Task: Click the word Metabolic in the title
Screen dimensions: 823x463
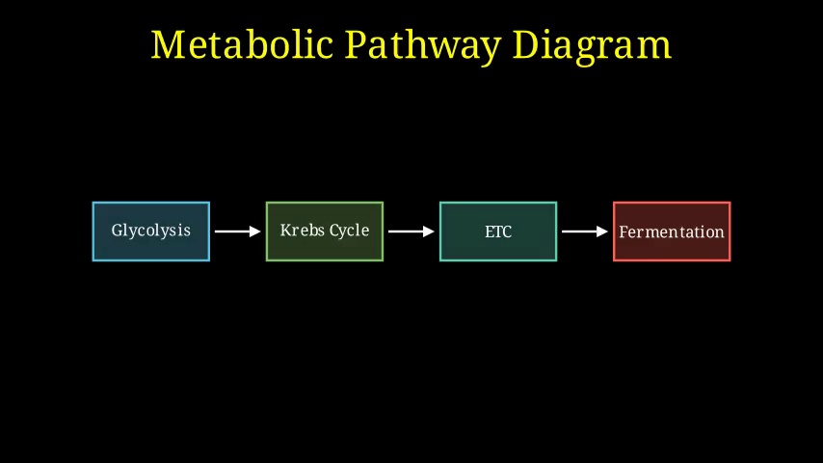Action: point(242,44)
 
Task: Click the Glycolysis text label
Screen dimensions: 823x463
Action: point(150,231)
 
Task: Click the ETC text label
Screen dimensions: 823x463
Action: point(498,231)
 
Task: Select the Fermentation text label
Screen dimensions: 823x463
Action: point(672,231)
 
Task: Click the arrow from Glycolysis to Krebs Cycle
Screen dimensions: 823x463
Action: point(238,231)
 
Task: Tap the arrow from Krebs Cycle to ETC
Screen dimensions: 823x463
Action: point(411,231)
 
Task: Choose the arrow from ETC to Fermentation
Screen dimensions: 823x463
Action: point(585,231)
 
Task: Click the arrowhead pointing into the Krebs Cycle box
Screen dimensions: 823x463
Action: point(255,231)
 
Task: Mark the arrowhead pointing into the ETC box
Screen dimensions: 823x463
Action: point(429,231)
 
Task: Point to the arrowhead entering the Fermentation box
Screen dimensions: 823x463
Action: point(602,231)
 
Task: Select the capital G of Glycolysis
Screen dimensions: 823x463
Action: point(118,231)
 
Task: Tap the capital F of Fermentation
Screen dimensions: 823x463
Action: point(624,231)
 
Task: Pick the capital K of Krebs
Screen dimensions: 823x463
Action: point(286,230)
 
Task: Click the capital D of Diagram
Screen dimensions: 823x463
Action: point(527,44)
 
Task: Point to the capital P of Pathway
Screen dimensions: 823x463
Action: point(358,44)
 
